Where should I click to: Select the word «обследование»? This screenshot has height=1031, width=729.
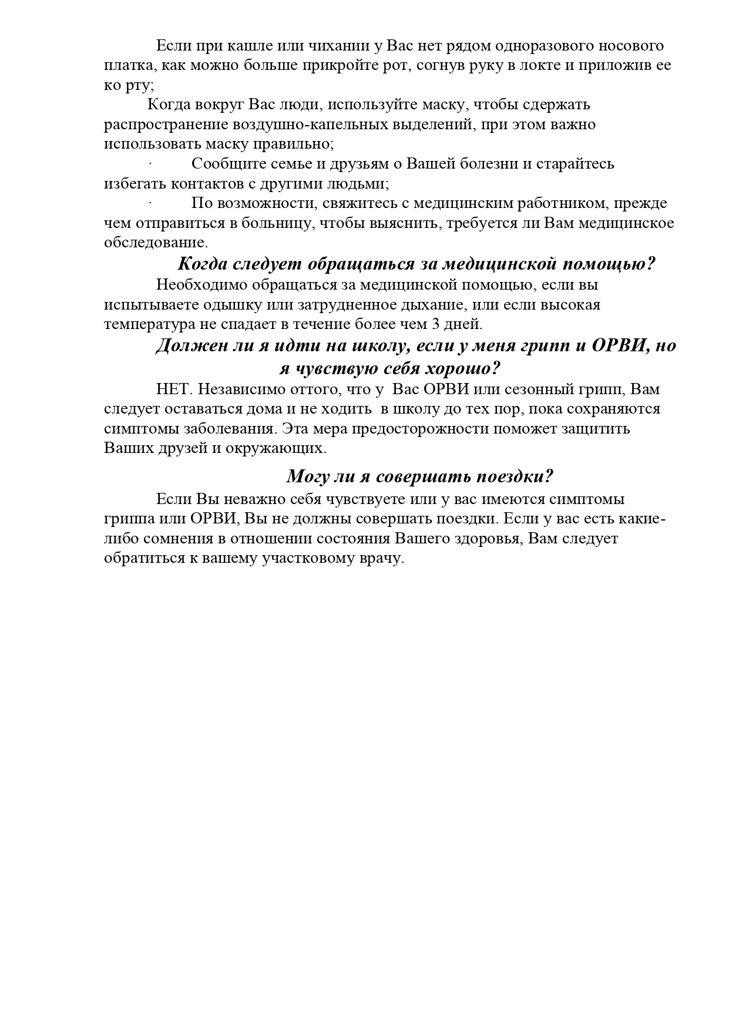[156, 243]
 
